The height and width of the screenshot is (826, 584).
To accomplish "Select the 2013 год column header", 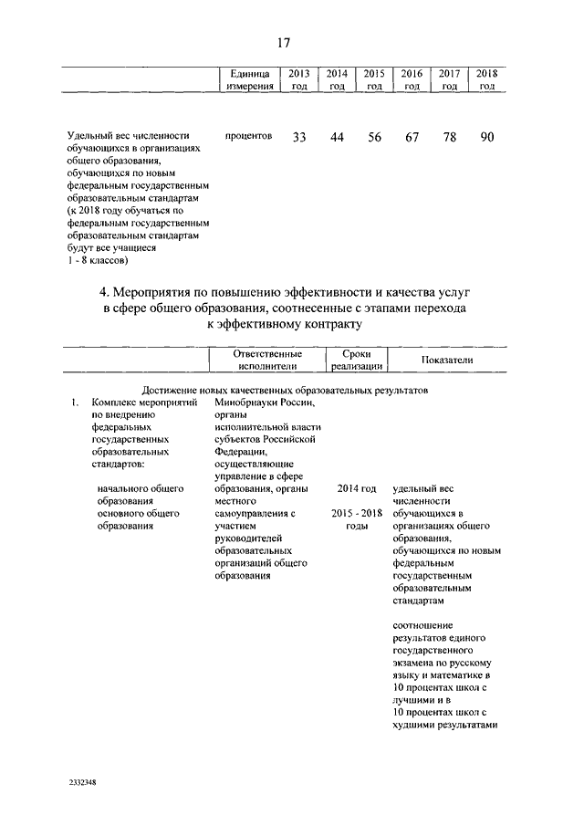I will pyautogui.click(x=298, y=79).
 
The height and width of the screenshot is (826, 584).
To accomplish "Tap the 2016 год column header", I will pyautogui.click(x=412, y=79).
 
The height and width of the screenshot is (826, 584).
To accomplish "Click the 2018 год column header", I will pyautogui.click(x=487, y=79).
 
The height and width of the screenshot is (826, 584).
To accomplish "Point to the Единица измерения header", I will pyautogui.click(x=249, y=79).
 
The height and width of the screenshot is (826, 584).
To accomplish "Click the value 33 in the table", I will pyautogui.click(x=298, y=137).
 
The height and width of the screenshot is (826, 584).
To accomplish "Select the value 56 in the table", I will pyautogui.click(x=374, y=137).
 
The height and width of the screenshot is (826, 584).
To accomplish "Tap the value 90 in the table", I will pyautogui.click(x=487, y=137).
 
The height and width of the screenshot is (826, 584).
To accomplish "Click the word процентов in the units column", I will pyautogui.click(x=248, y=136).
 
